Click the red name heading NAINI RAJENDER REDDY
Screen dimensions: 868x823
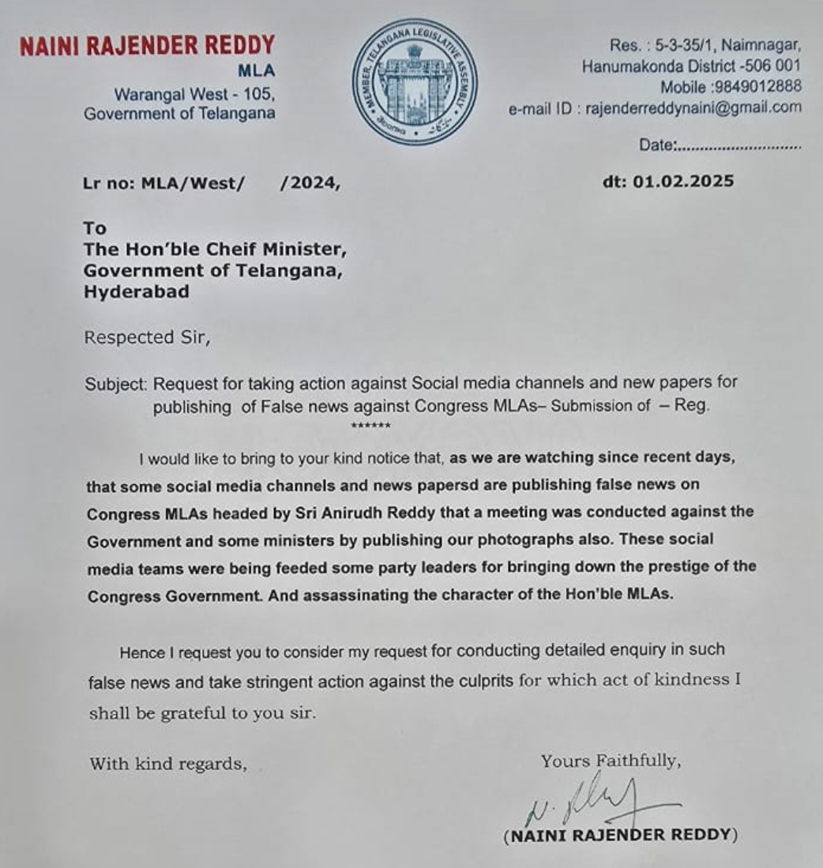click(x=148, y=46)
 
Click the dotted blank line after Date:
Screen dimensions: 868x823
click(x=739, y=146)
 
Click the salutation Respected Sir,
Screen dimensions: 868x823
click(x=148, y=338)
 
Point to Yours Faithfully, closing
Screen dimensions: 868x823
click(x=610, y=761)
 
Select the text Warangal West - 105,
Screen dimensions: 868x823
click(x=195, y=94)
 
